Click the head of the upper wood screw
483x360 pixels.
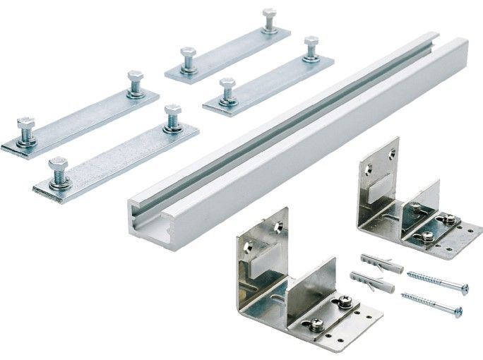463,288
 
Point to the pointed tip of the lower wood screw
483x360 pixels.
404,295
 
